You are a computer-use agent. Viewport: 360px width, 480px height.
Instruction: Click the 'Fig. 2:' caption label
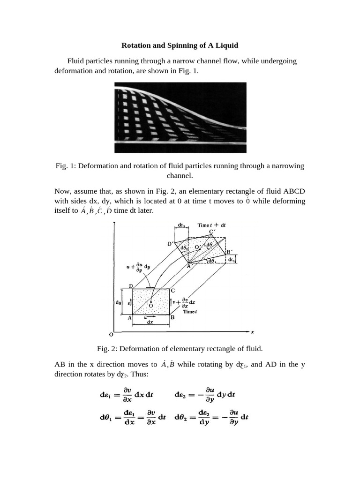(107, 348)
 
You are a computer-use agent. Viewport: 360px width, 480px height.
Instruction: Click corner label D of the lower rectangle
(131, 286)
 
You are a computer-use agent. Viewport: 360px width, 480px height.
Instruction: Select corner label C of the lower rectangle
(173, 291)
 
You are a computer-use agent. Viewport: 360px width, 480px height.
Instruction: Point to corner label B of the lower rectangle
(172, 317)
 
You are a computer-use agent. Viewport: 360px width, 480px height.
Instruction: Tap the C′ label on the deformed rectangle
(212, 232)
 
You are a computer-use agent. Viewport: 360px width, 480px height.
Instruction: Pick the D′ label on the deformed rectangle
(170, 244)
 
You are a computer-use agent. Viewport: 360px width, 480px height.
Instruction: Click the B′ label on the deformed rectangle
(230, 252)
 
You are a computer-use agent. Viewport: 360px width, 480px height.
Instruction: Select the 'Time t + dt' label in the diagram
(211, 225)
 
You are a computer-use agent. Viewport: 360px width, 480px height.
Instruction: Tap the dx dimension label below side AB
(150, 322)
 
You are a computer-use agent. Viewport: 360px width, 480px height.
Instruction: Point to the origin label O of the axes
(111, 335)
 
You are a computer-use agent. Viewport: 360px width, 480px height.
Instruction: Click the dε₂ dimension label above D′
(182, 225)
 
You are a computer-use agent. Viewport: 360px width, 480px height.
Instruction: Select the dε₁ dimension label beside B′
(239, 258)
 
